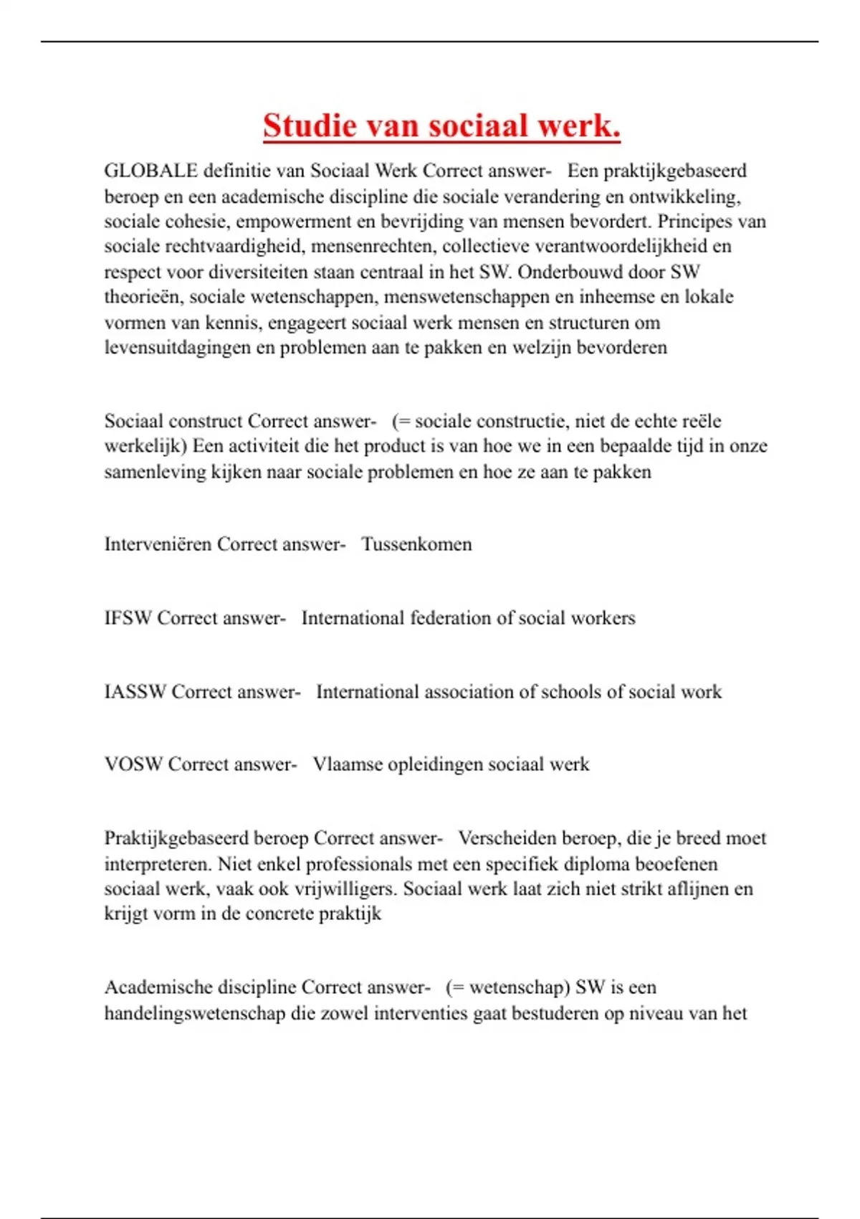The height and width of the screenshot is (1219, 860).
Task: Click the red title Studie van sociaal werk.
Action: pos(441,126)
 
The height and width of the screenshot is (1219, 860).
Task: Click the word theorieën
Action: pos(143,297)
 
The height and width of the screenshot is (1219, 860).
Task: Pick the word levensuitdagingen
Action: pos(178,348)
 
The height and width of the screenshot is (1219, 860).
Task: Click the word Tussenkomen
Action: pos(416,544)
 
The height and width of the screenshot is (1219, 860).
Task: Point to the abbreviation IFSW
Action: pos(128,618)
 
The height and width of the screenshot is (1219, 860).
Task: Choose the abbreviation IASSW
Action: pos(135,692)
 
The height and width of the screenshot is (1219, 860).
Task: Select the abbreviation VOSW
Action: pos(133,764)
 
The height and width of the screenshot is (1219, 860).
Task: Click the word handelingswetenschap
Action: pos(194,1014)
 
